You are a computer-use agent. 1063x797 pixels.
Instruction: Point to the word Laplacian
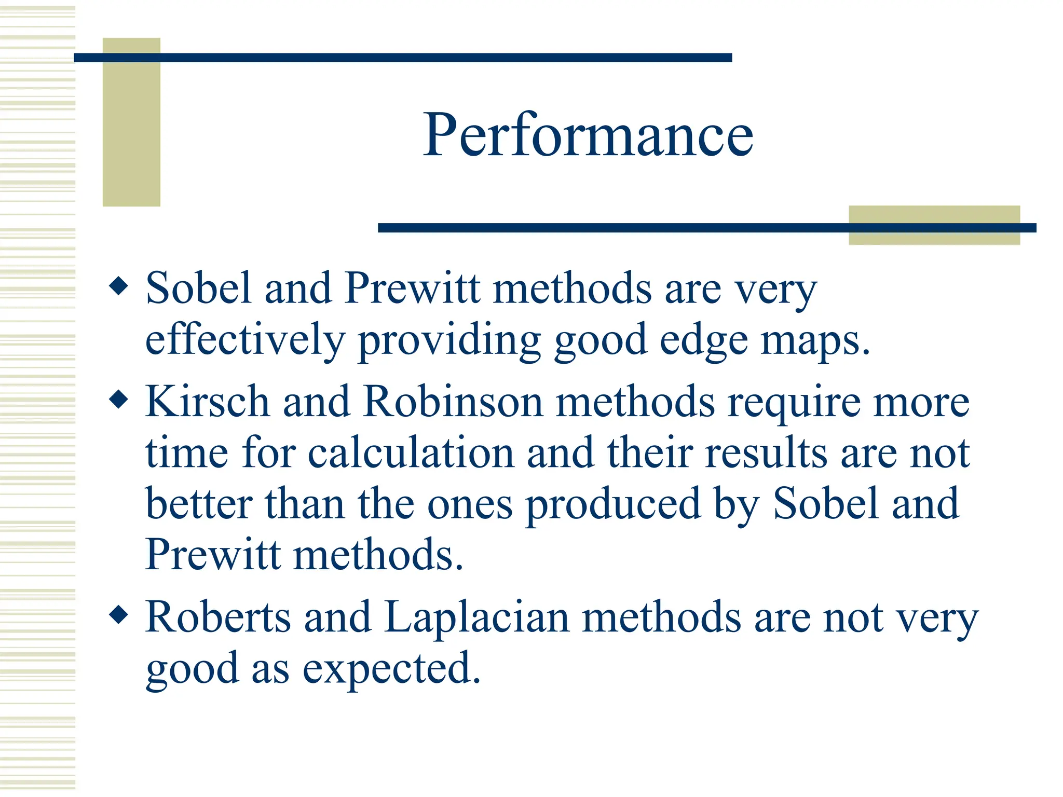[476, 617]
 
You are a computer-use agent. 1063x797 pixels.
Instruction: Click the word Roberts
[218, 617]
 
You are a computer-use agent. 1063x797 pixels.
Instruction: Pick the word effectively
[245, 340]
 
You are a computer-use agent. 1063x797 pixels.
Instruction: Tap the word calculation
[411, 452]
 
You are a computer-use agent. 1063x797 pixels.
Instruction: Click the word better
[199, 503]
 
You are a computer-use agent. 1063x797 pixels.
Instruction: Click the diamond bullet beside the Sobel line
[119, 286]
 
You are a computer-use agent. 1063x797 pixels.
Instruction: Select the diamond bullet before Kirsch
[119, 400]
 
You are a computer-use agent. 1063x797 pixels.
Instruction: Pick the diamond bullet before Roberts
[119, 615]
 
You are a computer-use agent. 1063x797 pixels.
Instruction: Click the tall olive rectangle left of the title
[131, 122]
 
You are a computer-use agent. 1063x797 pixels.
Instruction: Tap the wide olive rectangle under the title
[934, 225]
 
